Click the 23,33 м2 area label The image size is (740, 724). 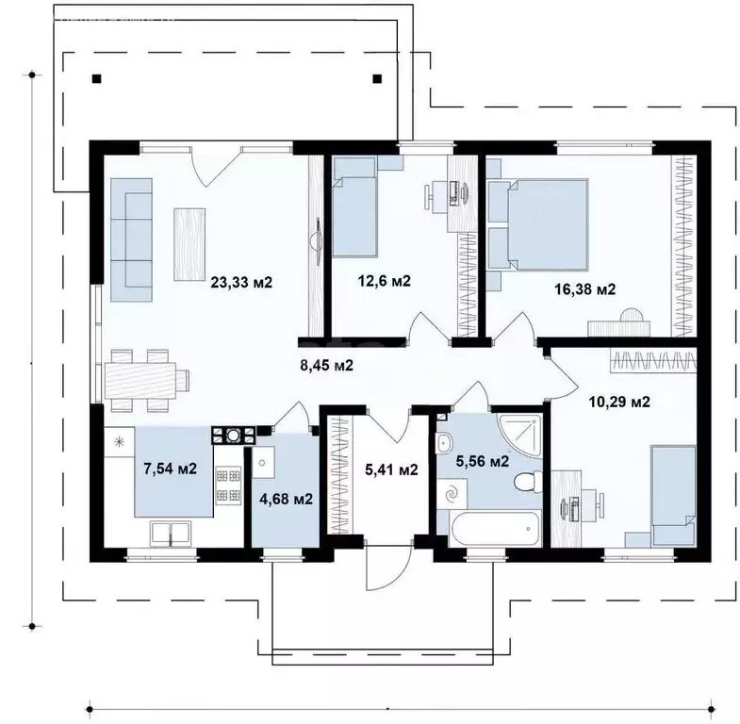pyautogui.click(x=241, y=282)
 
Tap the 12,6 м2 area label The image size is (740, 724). pyautogui.click(x=385, y=281)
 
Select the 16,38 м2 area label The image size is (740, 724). pyautogui.click(x=584, y=288)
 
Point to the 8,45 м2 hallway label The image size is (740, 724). pyautogui.click(x=326, y=365)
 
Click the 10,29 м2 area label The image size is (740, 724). pyautogui.click(x=619, y=402)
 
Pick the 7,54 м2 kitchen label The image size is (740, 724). pyautogui.click(x=170, y=469)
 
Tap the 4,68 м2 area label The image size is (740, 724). pyautogui.click(x=286, y=499)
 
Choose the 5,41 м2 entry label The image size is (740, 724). pyautogui.click(x=392, y=469)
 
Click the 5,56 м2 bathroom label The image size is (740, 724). pyautogui.click(x=483, y=461)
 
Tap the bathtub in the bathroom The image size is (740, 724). pyautogui.click(x=495, y=529)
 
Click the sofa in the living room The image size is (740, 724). pyautogui.click(x=132, y=239)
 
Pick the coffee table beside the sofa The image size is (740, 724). pyautogui.click(x=189, y=244)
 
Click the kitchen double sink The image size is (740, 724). pyautogui.click(x=171, y=534)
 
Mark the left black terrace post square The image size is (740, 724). pyautogui.click(x=96, y=79)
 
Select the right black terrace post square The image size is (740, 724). pyautogui.click(x=377, y=79)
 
